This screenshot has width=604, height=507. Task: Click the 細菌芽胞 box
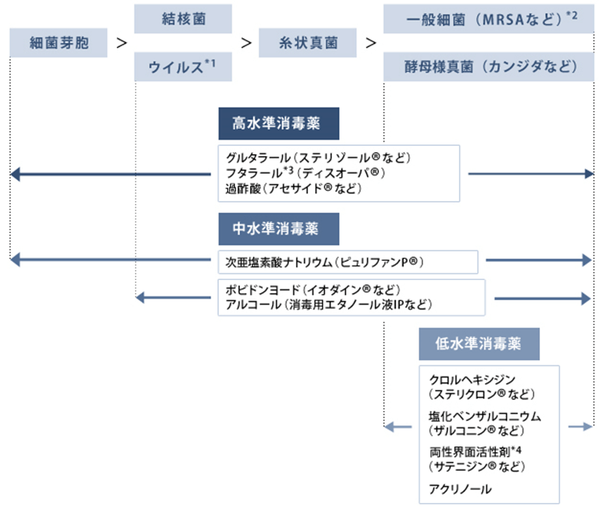click(x=59, y=43)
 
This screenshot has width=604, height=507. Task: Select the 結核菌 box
click(x=183, y=19)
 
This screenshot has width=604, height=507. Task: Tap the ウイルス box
click(x=183, y=67)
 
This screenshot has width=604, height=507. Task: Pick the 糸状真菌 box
click(x=307, y=43)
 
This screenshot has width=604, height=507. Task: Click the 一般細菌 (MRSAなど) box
click(x=489, y=19)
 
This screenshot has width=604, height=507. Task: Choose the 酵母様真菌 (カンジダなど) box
click(x=489, y=67)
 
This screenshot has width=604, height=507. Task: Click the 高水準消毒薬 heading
click(x=279, y=123)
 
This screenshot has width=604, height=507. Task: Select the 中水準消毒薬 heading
click(x=279, y=229)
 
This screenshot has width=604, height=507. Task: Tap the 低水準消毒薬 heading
click(x=479, y=344)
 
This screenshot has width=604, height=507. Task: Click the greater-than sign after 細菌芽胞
click(x=122, y=43)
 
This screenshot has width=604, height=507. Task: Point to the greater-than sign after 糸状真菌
click(x=371, y=43)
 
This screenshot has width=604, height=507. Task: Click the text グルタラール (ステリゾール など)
click(x=318, y=158)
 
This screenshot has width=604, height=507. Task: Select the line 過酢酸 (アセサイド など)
click(x=294, y=189)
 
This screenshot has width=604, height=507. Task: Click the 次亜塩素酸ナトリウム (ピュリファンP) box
click(x=348, y=262)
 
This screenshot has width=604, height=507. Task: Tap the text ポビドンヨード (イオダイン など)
click(x=313, y=290)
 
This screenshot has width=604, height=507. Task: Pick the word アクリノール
click(x=460, y=489)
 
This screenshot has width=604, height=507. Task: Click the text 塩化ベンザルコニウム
click(x=485, y=416)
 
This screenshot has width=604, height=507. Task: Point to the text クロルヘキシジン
click(x=472, y=380)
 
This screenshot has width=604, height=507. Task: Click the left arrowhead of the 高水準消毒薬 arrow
click(x=15, y=174)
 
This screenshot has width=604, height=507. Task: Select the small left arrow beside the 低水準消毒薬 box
click(x=398, y=427)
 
